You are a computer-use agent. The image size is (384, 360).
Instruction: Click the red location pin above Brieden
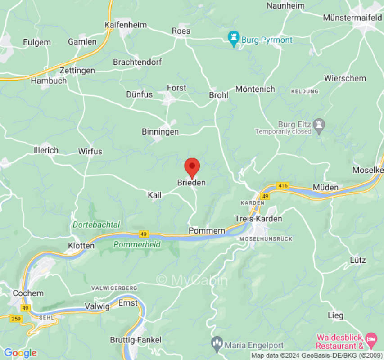coord(192,167)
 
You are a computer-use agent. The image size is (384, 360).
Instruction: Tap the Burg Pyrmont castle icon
coord(234,39)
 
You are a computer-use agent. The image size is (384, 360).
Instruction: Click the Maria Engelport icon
coord(217,345)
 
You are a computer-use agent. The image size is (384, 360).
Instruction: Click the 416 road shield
coord(283,185)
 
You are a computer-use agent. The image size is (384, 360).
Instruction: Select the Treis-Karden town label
coord(258,219)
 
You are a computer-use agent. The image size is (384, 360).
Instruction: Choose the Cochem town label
coord(28,293)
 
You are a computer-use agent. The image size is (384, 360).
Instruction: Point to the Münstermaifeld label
coord(352,18)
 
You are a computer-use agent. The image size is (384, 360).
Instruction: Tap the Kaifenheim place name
coord(126,25)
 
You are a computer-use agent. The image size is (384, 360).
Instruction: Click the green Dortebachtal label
coord(96,224)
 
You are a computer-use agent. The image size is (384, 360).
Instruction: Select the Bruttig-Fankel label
coord(136,340)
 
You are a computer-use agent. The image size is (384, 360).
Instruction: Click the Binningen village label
coord(160,132)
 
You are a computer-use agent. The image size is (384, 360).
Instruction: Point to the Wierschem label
coord(345,78)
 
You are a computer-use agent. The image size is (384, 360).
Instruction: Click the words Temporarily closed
coord(283,132)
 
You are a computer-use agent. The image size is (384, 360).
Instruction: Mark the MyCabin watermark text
coord(192,280)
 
